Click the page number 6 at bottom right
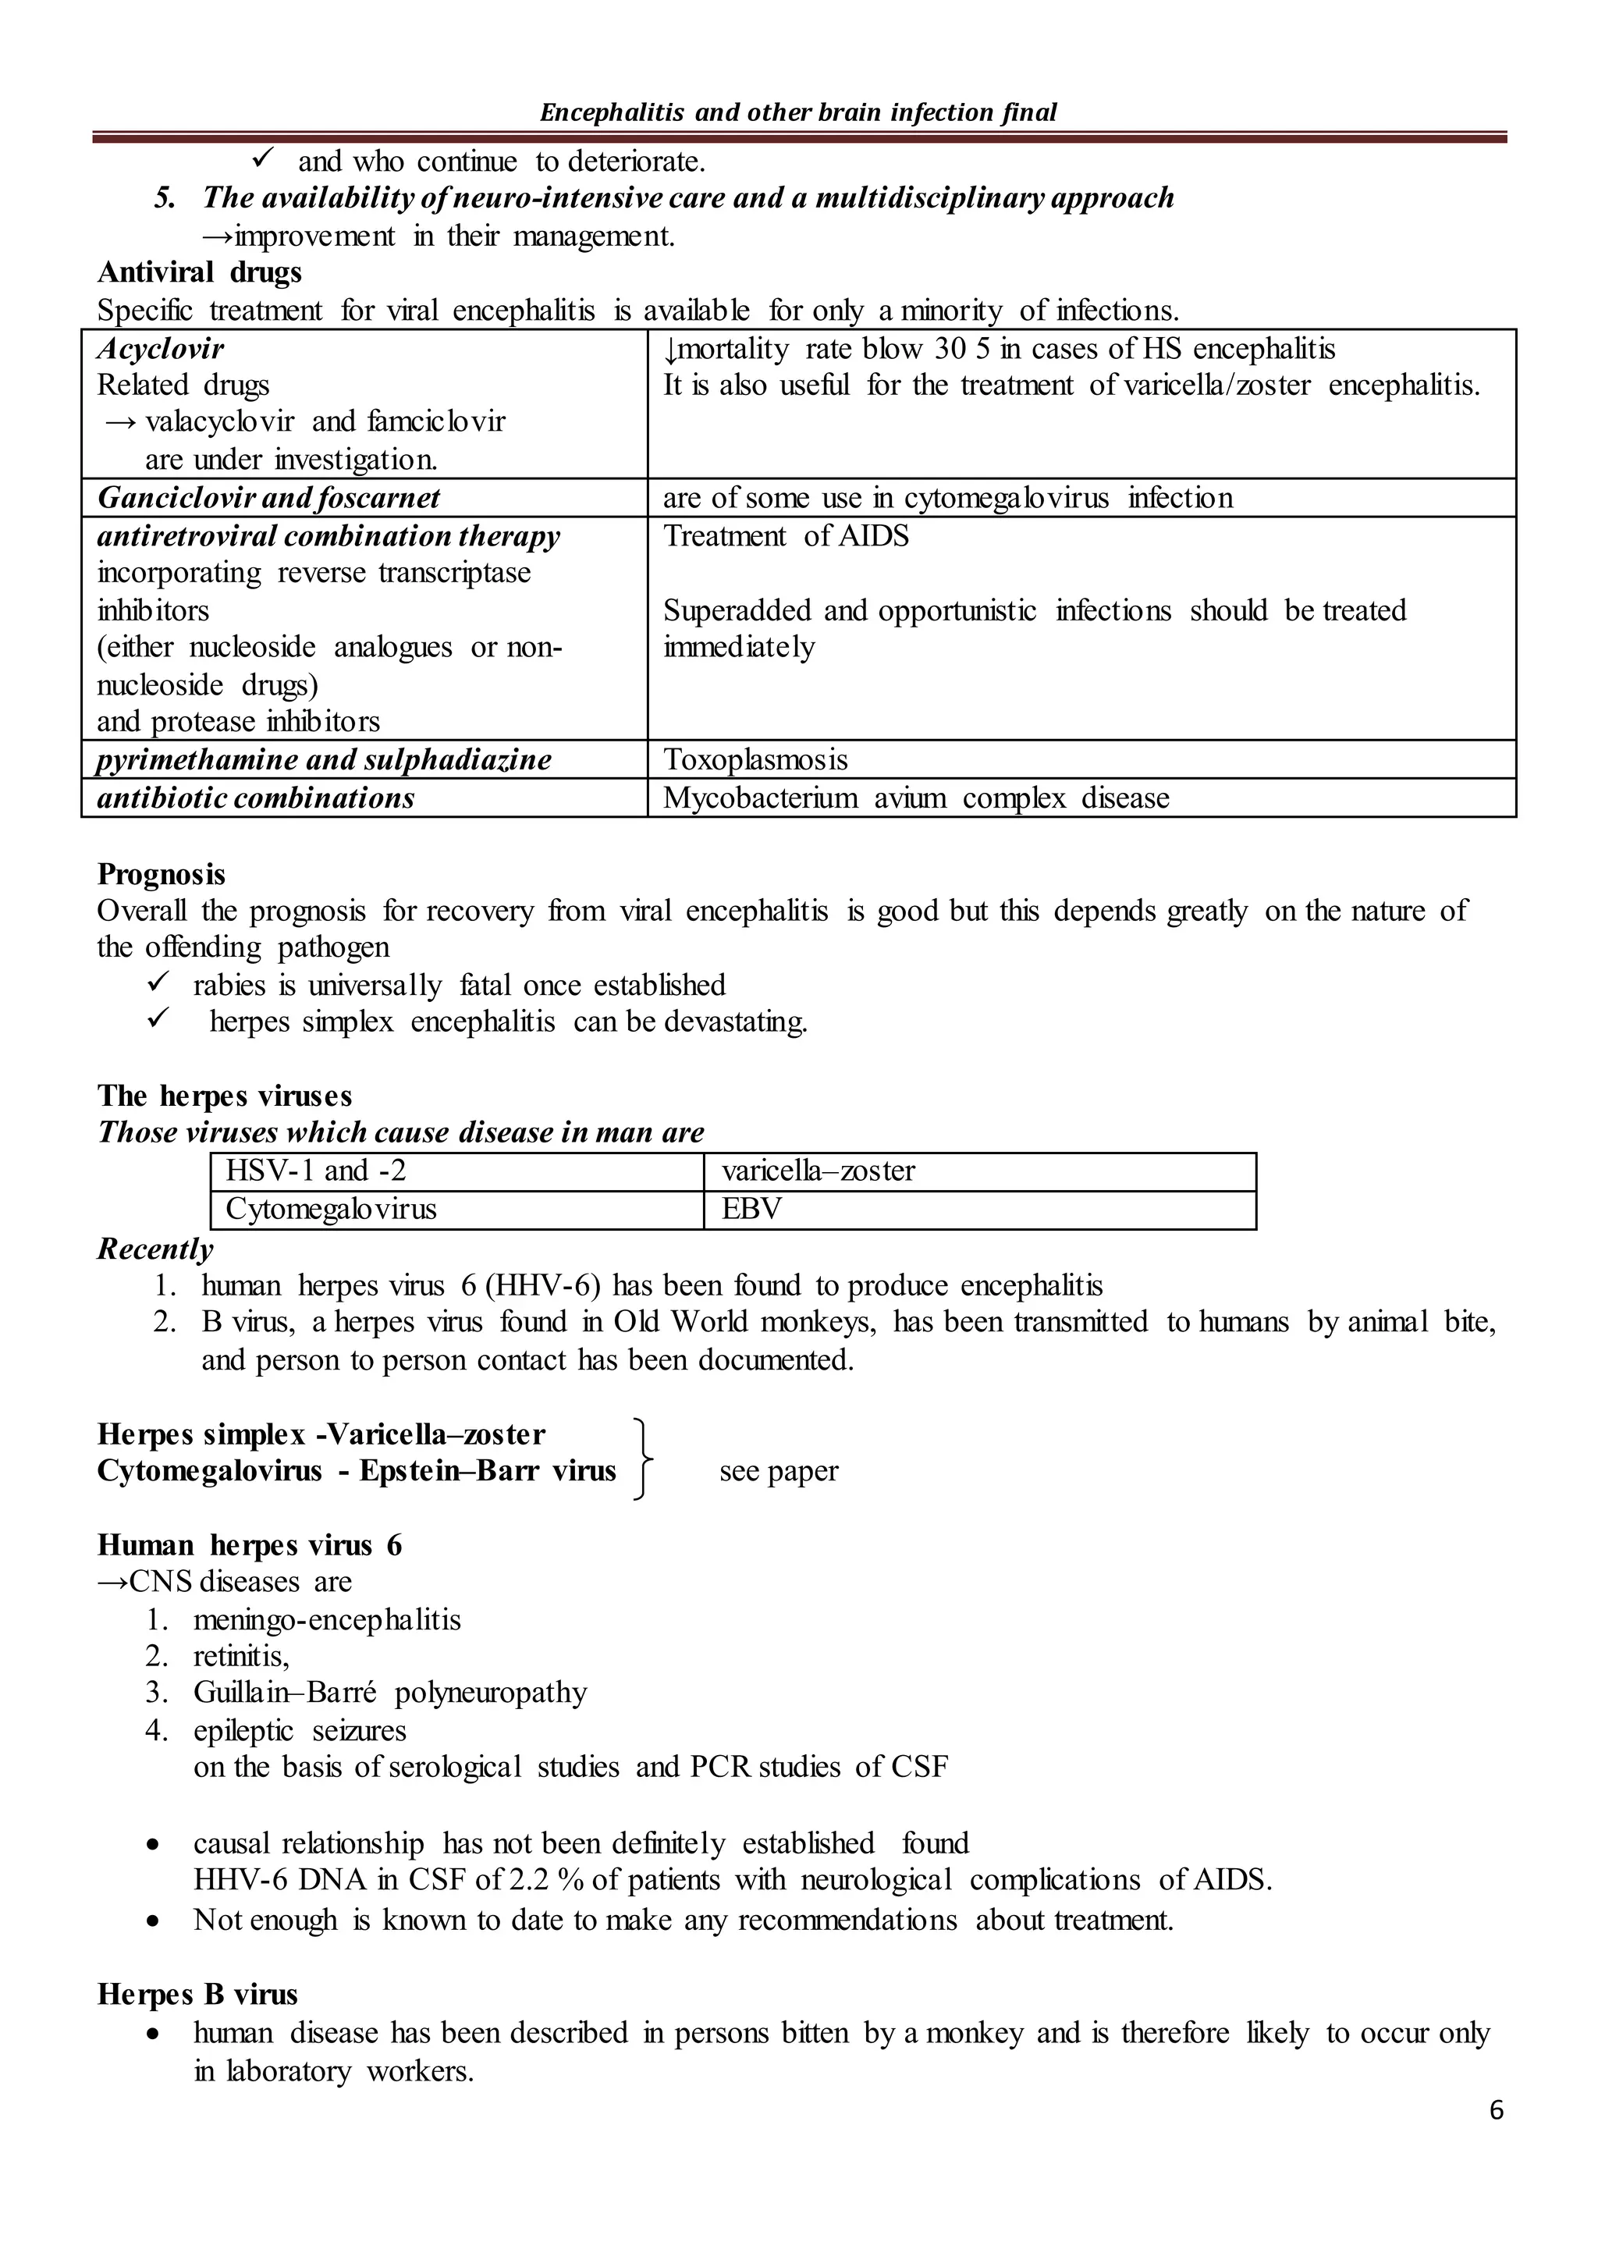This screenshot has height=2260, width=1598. [x=1496, y=2109]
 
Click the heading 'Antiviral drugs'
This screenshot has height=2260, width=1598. [x=199, y=272]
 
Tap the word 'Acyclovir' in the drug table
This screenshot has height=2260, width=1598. [x=161, y=349]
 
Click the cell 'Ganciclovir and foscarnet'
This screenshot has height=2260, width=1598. [x=268, y=498]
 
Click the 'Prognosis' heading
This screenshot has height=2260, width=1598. [x=162, y=874]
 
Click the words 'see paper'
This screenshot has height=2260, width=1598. [x=779, y=1472]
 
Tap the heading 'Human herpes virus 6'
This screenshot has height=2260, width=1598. [x=249, y=1545]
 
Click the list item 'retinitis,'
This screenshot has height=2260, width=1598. [x=241, y=1657]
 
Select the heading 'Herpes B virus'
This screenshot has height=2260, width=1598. [x=197, y=1994]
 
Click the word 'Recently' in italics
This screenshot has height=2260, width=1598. [x=154, y=1249]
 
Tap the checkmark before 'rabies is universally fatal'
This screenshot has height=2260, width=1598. [x=158, y=983]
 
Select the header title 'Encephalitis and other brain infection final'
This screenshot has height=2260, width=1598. [x=798, y=112]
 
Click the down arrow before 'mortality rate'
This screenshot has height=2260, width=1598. [x=669, y=350]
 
